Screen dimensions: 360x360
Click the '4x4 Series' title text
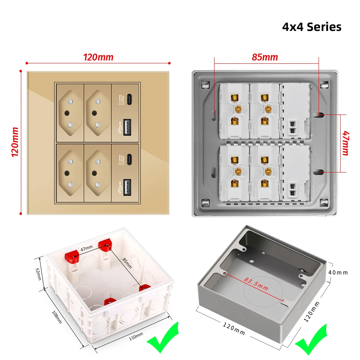(x=311, y=27)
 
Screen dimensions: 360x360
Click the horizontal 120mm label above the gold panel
(x=98, y=57)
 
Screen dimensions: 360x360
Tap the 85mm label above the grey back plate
(x=264, y=57)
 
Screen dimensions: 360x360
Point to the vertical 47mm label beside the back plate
(x=345, y=143)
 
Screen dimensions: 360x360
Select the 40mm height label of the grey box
(x=338, y=273)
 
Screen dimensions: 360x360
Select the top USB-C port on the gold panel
(x=129, y=98)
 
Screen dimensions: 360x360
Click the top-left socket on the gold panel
(x=69, y=113)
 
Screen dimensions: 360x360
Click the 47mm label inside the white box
(x=87, y=248)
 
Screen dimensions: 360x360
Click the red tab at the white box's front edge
(x=109, y=301)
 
